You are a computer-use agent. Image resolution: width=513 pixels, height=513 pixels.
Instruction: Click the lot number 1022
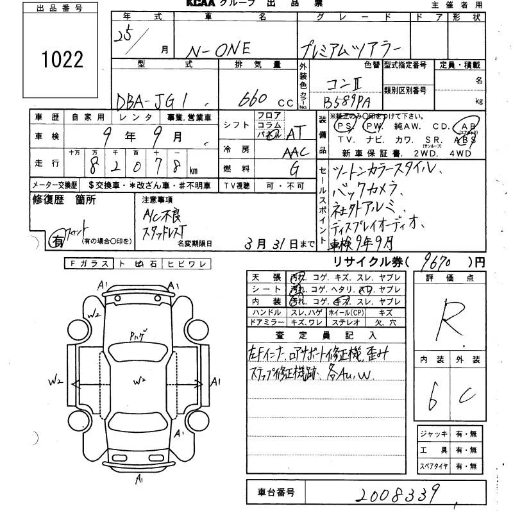(x=63, y=60)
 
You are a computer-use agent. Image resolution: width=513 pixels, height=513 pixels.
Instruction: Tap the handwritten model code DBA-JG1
(x=154, y=101)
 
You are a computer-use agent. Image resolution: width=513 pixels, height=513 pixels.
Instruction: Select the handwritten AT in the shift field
(x=294, y=133)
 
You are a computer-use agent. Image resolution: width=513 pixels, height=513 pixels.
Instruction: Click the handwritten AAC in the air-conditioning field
(x=296, y=151)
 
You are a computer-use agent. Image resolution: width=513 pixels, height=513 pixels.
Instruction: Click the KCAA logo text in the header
(x=205, y=4)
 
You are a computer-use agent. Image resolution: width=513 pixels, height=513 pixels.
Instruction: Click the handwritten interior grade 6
(x=432, y=398)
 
